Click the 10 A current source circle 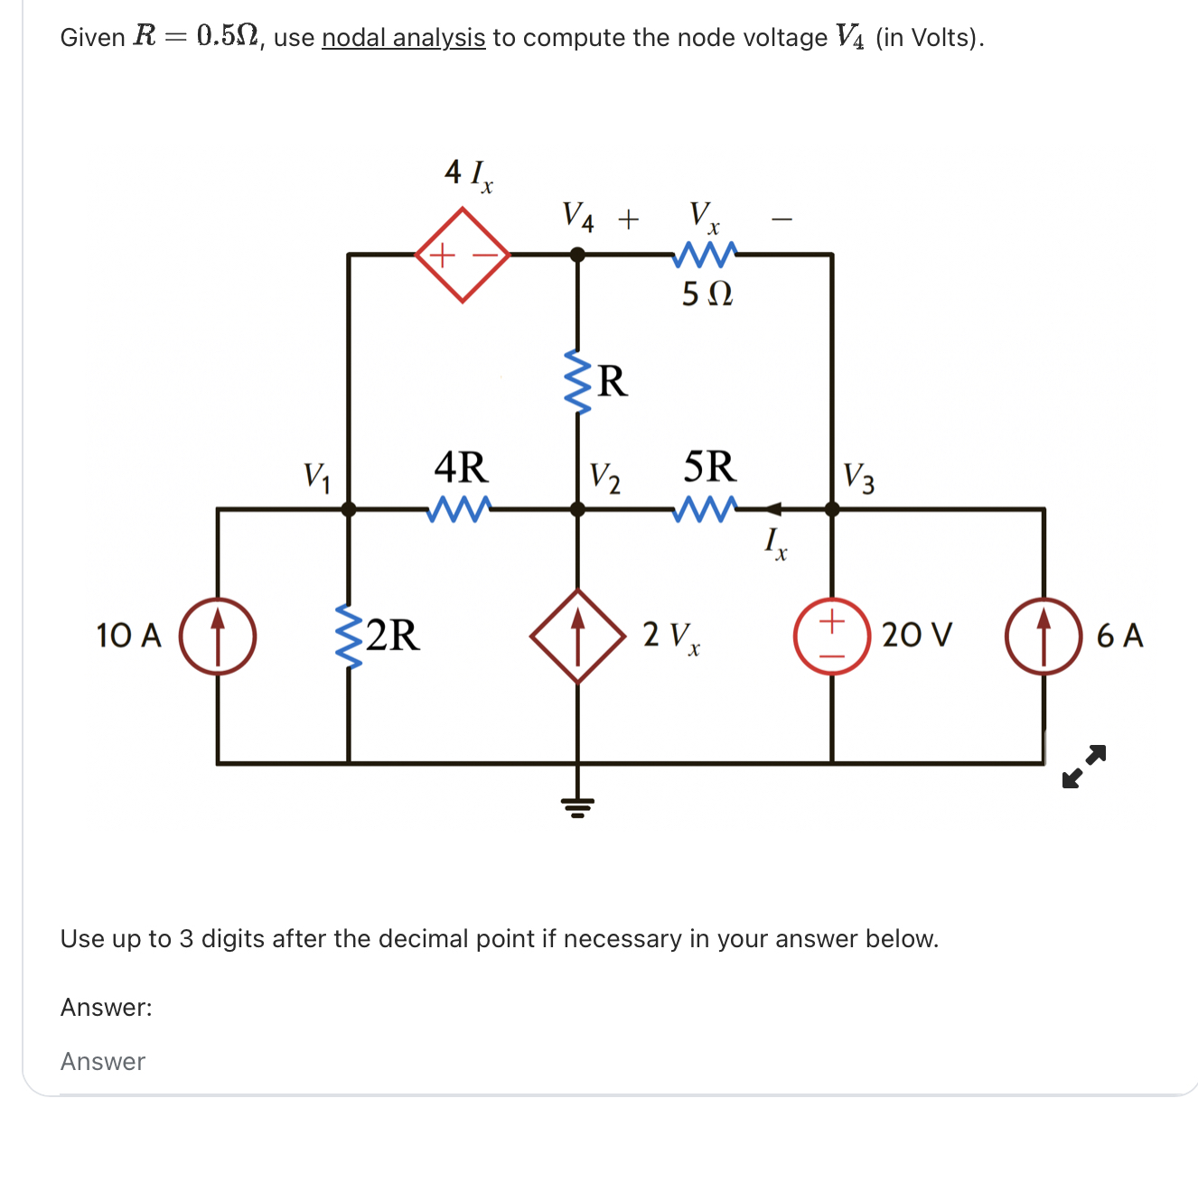tap(218, 636)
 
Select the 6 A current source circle tap(1044, 636)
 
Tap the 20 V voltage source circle tap(831, 636)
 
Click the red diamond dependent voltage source tap(463, 255)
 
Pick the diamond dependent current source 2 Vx tap(578, 636)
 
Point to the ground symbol tap(578, 805)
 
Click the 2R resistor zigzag tap(349, 636)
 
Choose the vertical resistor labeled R tap(578, 381)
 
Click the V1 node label tap(316, 476)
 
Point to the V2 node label tap(604, 478)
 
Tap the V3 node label tap(858, 478)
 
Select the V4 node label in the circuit tap(578, 217)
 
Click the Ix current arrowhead tap(773, 509)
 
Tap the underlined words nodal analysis tap(403, 38)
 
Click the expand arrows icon tap(1084, 766)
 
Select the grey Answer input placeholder tap(103, 1062)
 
